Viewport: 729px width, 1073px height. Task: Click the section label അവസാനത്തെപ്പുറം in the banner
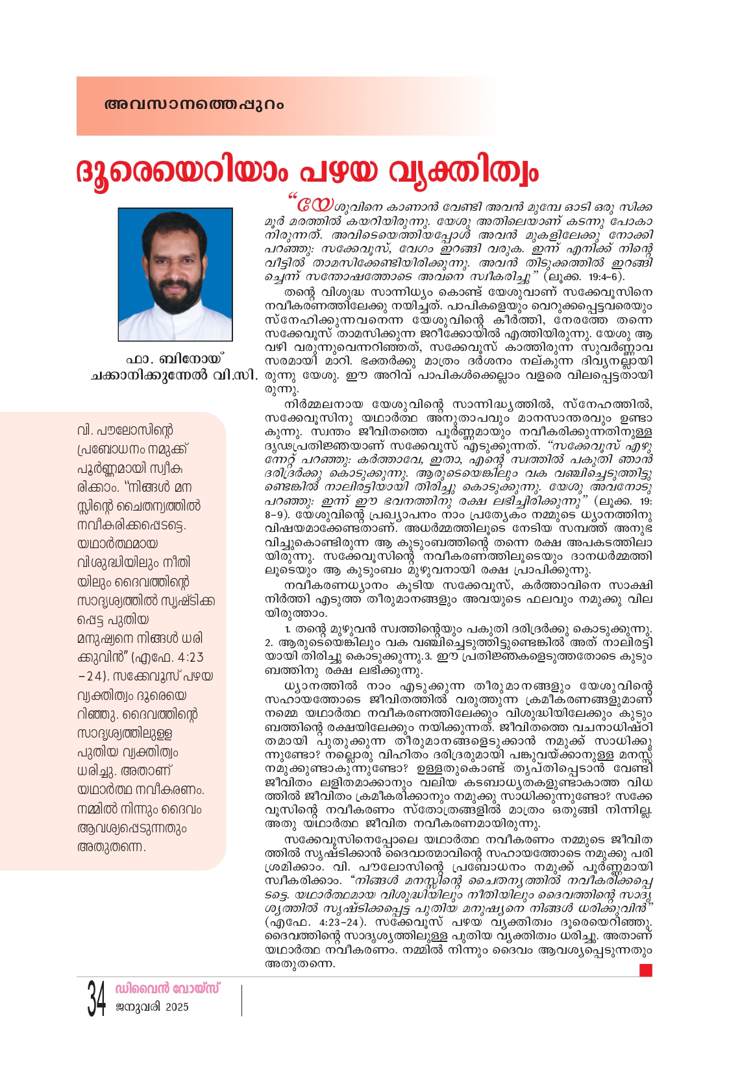point(193,104)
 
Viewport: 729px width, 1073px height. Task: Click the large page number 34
point(97,999)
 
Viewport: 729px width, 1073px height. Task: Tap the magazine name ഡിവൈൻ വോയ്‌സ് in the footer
point(167,989)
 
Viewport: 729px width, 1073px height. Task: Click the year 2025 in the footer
point(177,1007)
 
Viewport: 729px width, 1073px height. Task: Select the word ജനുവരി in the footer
point(138,1007)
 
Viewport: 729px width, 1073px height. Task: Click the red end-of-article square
point(645,970)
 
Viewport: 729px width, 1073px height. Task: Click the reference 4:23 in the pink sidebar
point(188,657)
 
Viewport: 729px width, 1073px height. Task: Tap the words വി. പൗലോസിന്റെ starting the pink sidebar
point(125,430)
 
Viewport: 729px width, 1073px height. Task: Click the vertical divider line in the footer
point(241,1000)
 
